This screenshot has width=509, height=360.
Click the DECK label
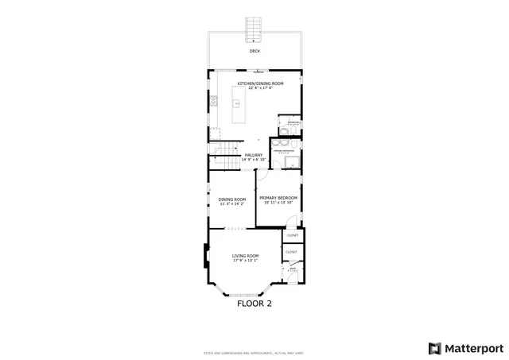(254, 51)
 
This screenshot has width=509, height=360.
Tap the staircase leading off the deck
(254, 29)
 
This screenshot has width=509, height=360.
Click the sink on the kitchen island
(237, 103)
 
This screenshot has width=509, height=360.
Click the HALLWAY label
(254, 155)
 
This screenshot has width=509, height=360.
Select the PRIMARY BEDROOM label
(278, 197)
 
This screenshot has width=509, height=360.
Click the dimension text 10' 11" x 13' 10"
(278, 203)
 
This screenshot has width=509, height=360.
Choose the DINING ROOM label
(232, 199)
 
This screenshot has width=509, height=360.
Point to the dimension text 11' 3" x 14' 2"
(232, 204)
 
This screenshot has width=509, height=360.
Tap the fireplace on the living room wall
(206, 257)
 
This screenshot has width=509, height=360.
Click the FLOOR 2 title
(254, 303)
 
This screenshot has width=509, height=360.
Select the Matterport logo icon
(433, 347)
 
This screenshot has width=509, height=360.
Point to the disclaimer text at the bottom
(254, 353)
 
